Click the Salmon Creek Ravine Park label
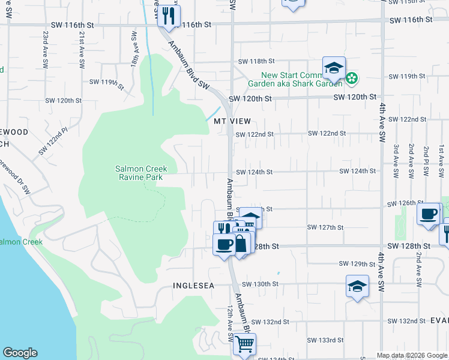pos(142,173)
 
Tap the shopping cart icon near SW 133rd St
pos(244,344)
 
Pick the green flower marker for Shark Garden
pos(352,77)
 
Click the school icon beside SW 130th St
pos(357,286)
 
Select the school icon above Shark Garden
pos(334,68)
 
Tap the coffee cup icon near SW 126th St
pos(429,214)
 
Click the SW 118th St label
pos(256,62)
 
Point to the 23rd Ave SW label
pos(45,44)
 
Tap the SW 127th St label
pos(325,227)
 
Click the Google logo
pos(20,353)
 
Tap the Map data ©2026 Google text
pos(412,355)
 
